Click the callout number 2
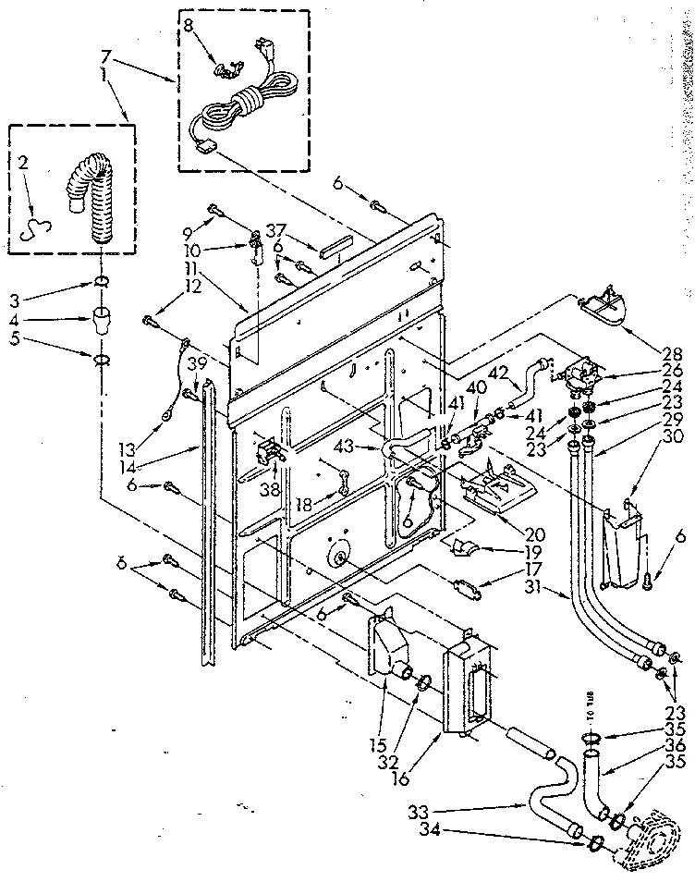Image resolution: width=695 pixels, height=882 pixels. pyautogui.click(x=23, y=163)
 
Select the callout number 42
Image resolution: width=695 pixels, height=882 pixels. pyautogui.click(x=498, y=373)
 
